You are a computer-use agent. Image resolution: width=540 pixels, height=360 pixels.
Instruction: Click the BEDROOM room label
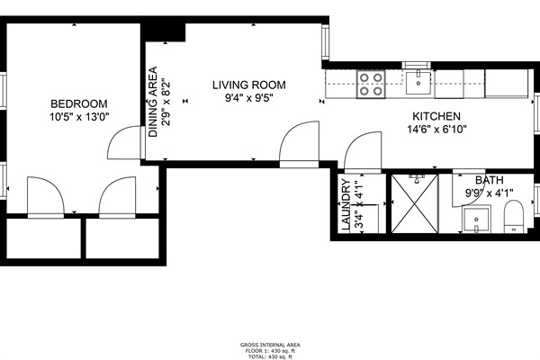point(79,103)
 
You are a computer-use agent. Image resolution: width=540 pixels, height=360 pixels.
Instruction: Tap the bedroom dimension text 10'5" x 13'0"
point(79,116)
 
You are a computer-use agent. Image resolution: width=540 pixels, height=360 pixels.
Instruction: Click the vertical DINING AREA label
point(153,102)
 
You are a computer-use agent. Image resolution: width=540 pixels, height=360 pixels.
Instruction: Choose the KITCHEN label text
point(436,116)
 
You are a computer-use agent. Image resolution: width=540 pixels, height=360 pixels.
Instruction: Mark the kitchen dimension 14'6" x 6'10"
point(436,130)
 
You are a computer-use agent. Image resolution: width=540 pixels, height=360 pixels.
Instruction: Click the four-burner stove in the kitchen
point(370,85)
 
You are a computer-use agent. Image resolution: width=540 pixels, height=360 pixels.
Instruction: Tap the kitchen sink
point(417,84)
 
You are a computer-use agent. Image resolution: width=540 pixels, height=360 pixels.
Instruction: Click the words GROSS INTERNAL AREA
point(270,345)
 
